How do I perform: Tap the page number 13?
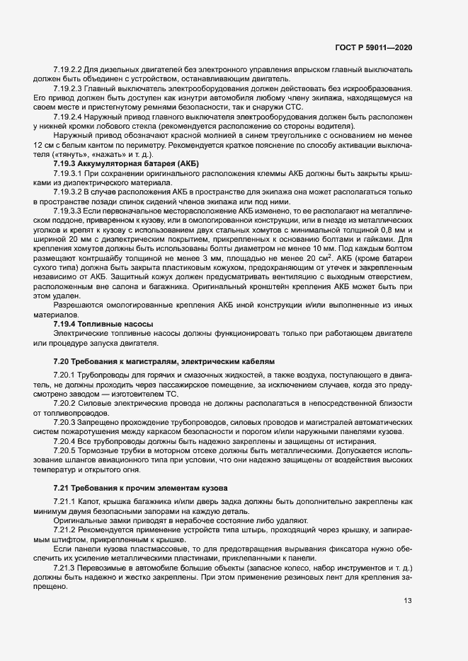(407, 601)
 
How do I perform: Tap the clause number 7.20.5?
(63, 450)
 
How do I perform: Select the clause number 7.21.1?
(63, 501)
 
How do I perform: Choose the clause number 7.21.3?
(63, 568)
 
